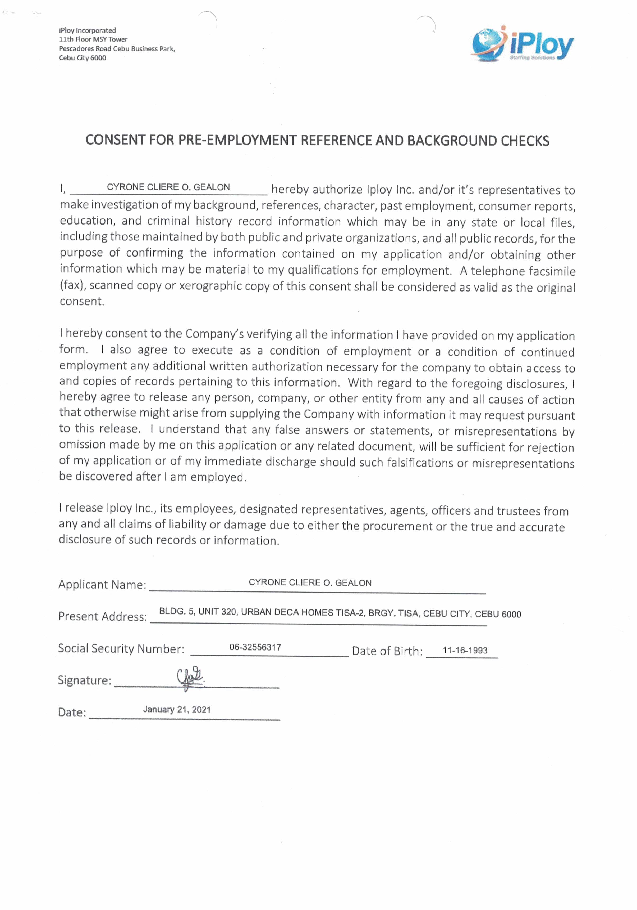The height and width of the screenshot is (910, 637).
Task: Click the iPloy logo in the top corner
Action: [x=522, y=44]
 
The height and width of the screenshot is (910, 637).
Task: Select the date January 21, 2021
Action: [x=177, y=710]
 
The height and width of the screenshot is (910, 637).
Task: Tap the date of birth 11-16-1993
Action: [x=465, y=650]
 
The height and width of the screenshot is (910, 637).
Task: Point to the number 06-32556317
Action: [x=255, y=647]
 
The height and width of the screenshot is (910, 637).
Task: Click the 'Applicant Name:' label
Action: [x=102, y=585]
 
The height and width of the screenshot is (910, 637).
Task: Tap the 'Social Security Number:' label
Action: [x=121, y=648]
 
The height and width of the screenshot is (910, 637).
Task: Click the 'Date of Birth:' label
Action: [x=387, y=651]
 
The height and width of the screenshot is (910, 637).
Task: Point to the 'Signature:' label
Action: [x=84, y=680]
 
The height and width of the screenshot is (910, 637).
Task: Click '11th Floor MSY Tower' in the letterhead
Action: [x=93, y=39]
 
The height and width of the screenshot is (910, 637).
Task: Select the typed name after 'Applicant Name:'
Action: [x=310, y=583]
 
